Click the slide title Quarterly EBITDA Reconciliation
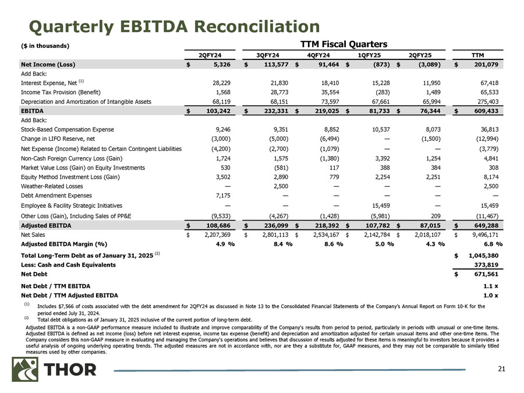(167, 26)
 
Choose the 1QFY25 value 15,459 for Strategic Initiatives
(383, 206)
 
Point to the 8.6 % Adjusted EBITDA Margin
(331, 245)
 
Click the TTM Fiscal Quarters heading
(343, 44)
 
